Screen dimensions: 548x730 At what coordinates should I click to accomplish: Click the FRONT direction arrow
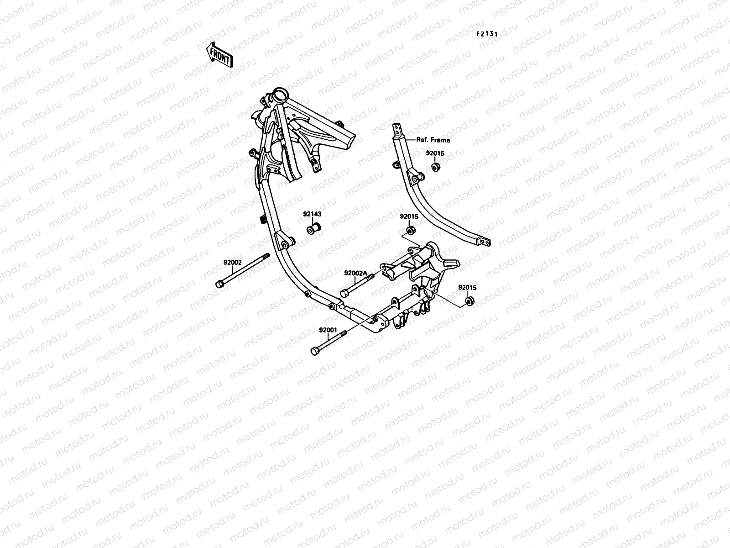click(220, 55)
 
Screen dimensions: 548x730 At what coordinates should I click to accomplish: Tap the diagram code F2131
click(487, 34)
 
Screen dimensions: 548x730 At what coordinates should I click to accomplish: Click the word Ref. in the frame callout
click(422, 140)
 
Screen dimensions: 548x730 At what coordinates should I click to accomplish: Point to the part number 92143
click(312, 213)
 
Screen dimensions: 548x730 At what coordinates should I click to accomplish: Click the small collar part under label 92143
click(313, 228)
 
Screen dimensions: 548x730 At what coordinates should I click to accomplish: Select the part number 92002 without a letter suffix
click(232, 263)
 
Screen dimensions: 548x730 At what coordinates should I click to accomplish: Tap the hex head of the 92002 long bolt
click(220, 285)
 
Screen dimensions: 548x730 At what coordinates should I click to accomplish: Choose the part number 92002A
click(356, 273)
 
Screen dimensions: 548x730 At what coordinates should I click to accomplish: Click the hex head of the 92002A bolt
click(344, 293)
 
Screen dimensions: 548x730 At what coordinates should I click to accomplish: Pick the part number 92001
click(328, 330)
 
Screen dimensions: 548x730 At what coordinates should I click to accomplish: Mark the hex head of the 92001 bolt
click(315, 351)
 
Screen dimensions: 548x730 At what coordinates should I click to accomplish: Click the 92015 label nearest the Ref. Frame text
click(435, 154)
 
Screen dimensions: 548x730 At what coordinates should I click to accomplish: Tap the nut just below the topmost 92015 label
click(436, 167)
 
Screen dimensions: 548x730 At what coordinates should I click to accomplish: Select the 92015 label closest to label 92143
click(409, 216)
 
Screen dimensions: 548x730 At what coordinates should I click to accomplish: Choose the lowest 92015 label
click(468, 288)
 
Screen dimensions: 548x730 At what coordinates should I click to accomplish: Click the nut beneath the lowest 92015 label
click(469, 301)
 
